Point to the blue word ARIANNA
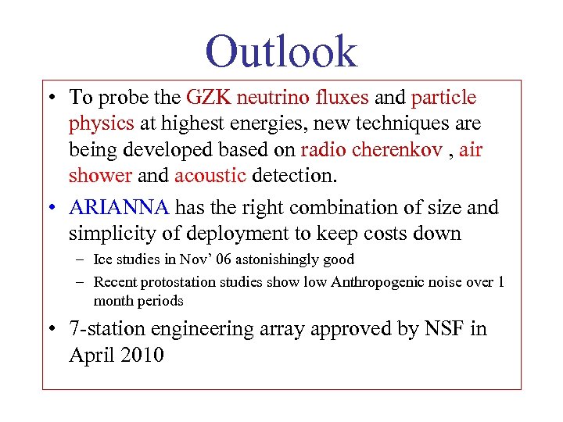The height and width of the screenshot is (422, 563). [119, 208]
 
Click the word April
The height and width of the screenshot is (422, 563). [89, 355]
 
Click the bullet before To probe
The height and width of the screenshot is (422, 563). [50, 98]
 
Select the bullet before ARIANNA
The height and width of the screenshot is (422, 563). [50, 209]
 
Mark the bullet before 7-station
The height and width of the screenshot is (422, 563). [50, 330]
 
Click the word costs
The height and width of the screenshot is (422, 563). [396, 234]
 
